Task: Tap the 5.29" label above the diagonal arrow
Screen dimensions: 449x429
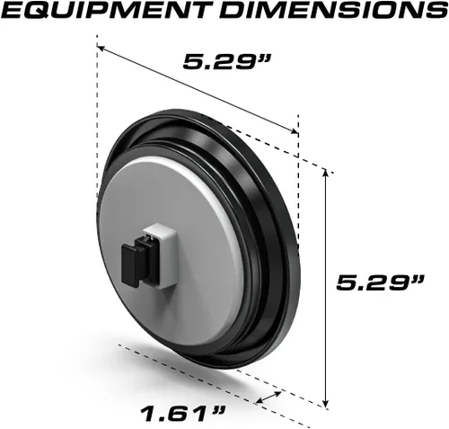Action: coord(226,61)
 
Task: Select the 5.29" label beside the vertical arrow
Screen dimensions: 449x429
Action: coord(380,282)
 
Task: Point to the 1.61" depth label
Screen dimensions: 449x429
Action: coord(182,413)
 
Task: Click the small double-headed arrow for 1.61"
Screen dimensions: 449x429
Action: coord(269,397)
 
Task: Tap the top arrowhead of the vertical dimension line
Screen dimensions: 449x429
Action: coord(326,173)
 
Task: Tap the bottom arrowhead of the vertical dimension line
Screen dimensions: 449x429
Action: coord(326,403)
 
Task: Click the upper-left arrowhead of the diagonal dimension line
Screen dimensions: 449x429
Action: coord(101,48)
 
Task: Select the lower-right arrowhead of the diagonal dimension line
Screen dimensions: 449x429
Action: coord(294,130)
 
